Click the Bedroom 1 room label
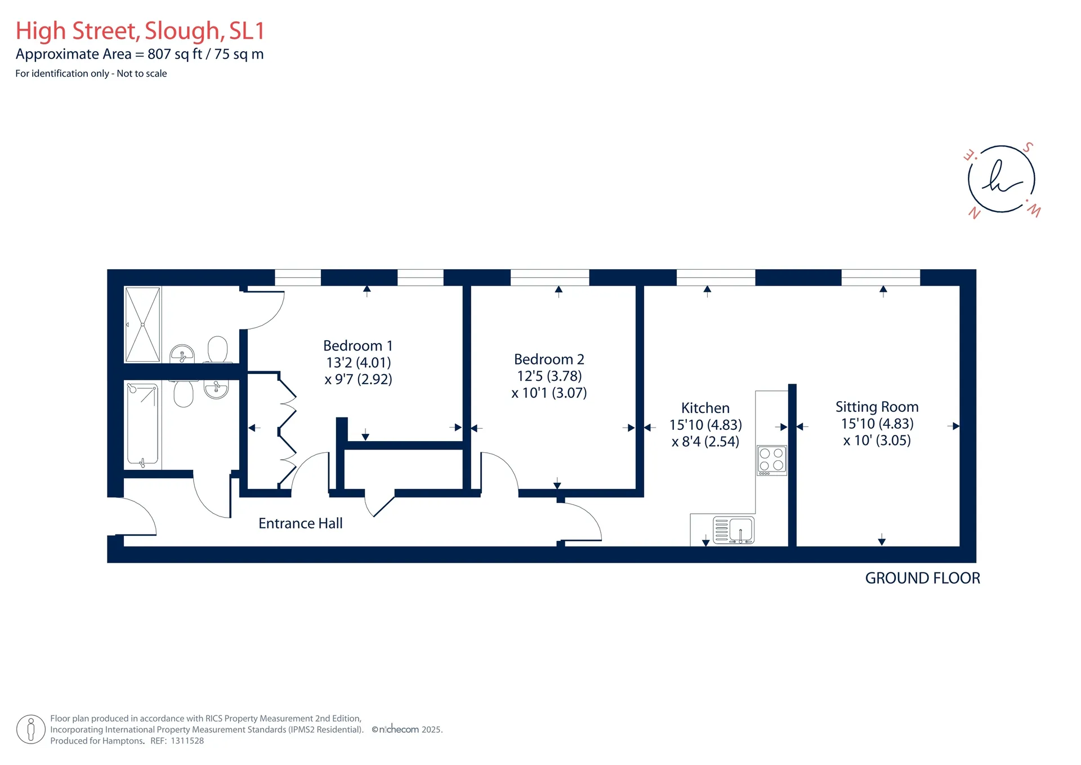358,345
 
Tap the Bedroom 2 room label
549,359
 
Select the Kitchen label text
705,408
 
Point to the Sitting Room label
877,407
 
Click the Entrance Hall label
301,523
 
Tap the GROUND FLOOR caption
922,578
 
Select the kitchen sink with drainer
734,530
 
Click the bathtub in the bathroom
142,425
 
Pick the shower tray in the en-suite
142,324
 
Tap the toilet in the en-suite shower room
218,349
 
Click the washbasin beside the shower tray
182,354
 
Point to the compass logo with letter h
1002,179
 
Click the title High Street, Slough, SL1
140,31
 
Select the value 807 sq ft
175,54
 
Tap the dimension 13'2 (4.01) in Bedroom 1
359,362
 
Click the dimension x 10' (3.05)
877,440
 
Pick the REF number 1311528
187,741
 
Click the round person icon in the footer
31,730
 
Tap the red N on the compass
974,213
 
